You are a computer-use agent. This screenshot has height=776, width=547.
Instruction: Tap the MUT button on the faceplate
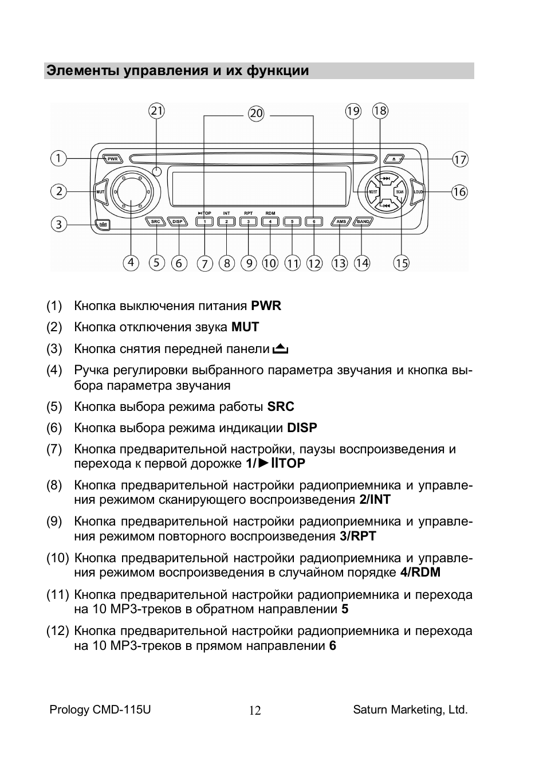pyautogui.click(x=101, y=191)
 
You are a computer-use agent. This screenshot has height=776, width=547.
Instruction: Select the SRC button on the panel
pyautogui.click(x=156, y=221)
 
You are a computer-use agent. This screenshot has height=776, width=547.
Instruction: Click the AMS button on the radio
pyautogui.click(x=341, y=221)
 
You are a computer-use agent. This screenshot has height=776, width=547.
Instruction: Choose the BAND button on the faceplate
pyautogui.click(x=363, y=221)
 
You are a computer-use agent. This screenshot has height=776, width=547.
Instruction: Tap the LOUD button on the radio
pyautogui.click(x=417, y=191)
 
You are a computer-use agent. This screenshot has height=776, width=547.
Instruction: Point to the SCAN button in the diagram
pyautogui.click(x=399, y=191)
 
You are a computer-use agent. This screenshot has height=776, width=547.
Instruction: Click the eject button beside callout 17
pyautogui.click(x=394, y=159)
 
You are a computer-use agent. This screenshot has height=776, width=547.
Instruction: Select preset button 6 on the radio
pyautogui.click(x=314, y=222)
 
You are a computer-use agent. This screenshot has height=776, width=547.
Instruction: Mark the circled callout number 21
pyautogui.click(x=156, y=111)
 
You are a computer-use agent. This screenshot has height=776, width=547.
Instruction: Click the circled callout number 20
pyautogui.click(x=256, y=113)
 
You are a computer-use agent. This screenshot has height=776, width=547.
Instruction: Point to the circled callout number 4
pyautogui.click(x=131, y=262)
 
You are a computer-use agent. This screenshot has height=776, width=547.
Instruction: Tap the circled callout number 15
pyautogui.click(x=402, y=263)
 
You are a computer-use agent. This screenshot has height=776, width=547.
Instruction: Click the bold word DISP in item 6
pyautogui.click(x=302, y=428)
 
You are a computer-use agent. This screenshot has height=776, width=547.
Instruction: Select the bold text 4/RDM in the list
pyautogui.click(x=420, y=572)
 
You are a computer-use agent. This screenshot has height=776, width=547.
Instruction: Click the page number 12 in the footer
pyautogui.click(x=255, y=711)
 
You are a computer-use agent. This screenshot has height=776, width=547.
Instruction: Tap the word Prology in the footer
pyautogui.click(x=69, y=710)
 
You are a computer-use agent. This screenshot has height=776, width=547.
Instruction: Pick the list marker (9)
pyautogui.click(x=54, y=522)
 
